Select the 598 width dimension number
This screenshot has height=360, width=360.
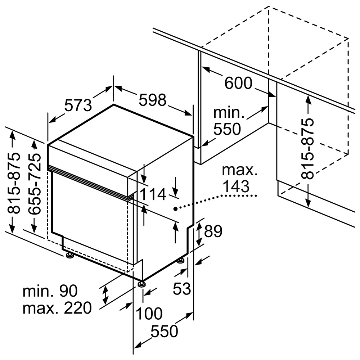tap(152, 100)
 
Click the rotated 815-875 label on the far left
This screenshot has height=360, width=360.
tap(13, 183)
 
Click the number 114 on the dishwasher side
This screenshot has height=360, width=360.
tap(153, 194)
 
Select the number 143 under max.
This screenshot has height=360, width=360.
tap(236, 186)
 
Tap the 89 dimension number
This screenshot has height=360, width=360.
tap(213, 231)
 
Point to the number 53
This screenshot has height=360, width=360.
tap(182, 288)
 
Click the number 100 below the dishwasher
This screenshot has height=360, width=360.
tap(149, 313)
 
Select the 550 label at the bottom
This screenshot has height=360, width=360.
tap(165, 331)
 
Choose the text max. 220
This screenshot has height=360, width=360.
tap(57, 308)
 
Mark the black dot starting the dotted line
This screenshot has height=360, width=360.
tap(175, 208)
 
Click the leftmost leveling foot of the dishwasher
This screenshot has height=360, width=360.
tap(69, 255)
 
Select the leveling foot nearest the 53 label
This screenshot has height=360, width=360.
tap(181, 261)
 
